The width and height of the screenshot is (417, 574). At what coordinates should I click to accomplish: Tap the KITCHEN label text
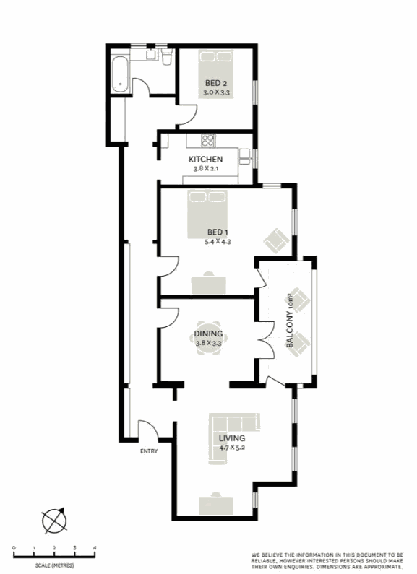point(205,160)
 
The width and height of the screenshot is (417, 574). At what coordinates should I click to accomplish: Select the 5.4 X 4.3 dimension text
point(218,242)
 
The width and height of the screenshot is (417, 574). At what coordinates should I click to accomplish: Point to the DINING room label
point(208,334)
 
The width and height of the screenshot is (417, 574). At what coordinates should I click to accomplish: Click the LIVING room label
point(232,438)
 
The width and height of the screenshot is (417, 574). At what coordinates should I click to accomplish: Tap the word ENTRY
point(149,451)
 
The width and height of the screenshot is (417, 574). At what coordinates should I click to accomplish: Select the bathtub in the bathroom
point(120,74)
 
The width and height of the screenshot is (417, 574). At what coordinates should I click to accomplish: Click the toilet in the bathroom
point(167,58)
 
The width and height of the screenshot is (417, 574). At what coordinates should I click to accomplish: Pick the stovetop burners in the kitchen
point(208,141)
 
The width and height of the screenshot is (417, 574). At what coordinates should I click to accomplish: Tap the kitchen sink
point(245,156)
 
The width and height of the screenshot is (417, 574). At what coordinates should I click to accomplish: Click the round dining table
point(208,338)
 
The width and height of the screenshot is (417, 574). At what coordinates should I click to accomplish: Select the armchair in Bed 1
point(276,240)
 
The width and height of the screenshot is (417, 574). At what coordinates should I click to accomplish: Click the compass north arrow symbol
point(54,521)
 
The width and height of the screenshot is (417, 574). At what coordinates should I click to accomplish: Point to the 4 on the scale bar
point(95,547)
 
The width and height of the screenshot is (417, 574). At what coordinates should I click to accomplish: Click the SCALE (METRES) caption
point(55,565)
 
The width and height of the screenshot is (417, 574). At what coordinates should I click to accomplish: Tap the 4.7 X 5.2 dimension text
point(232,448)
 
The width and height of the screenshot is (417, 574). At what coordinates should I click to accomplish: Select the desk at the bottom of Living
point(216,505)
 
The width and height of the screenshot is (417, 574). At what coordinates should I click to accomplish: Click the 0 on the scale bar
point(14,547)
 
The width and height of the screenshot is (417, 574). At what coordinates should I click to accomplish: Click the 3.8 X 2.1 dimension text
point(206,169)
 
